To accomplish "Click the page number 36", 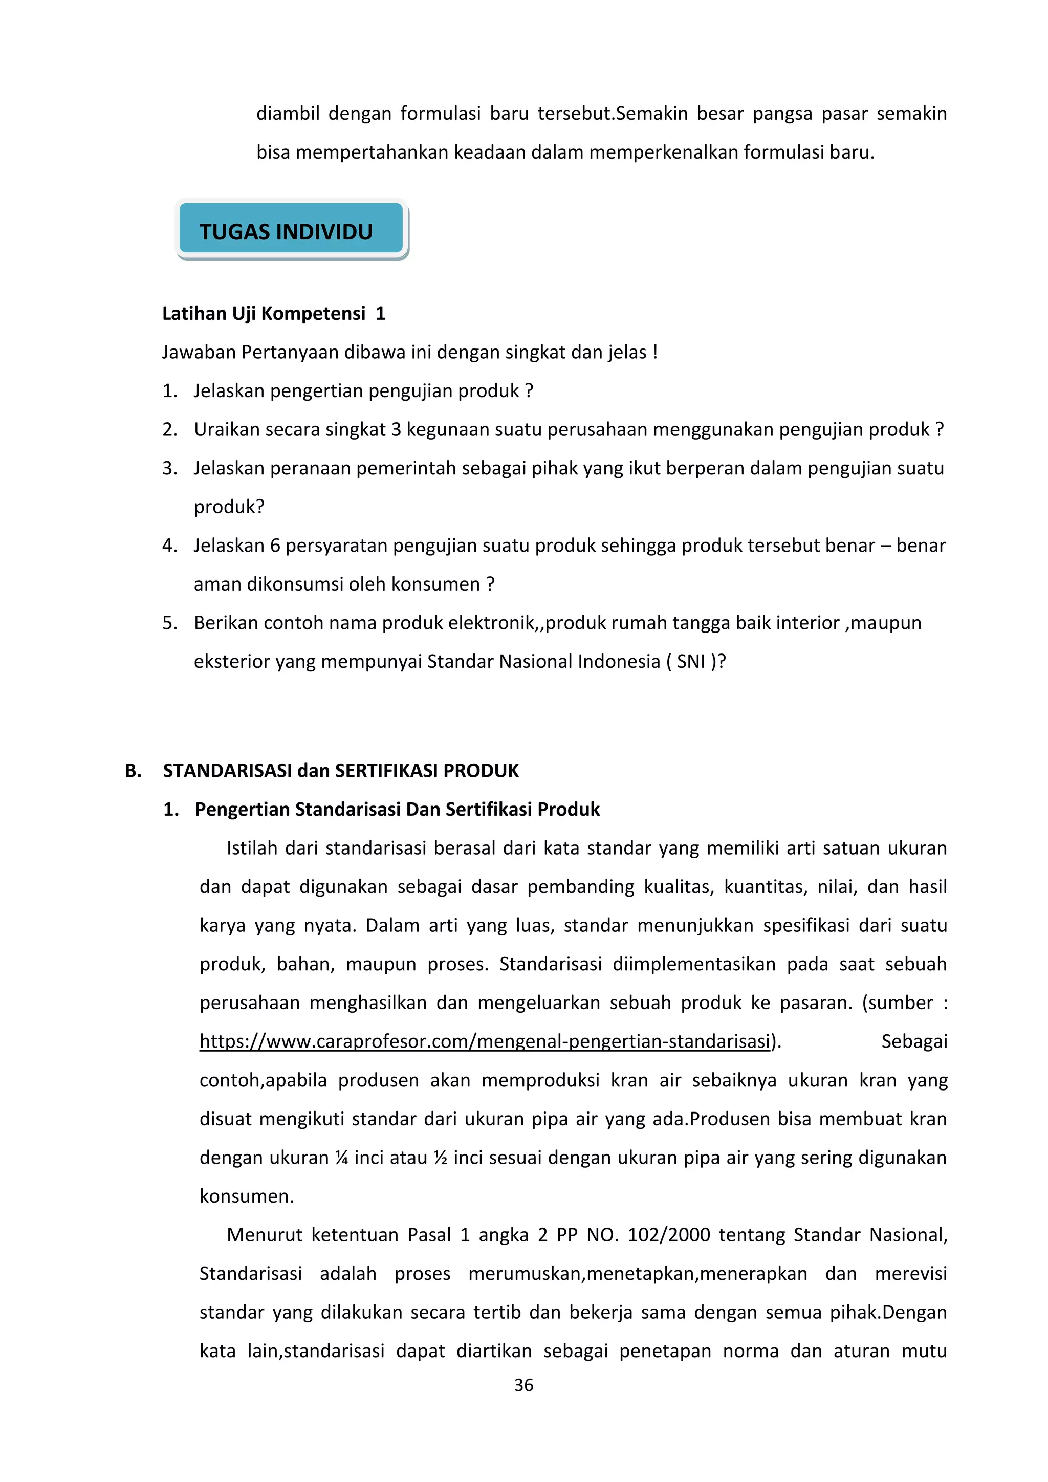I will [523, 1385].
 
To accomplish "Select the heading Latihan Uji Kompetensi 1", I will [273, 314].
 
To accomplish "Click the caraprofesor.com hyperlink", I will [485, 1041].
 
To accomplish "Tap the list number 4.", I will [169, 546].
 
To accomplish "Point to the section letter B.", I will [133, 771].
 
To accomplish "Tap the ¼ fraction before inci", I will [341, 1158].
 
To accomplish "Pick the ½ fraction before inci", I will [440, 1158].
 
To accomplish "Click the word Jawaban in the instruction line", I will [198, 353].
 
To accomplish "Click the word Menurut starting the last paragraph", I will [264, 1235].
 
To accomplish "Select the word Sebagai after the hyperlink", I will [914, 1041].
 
